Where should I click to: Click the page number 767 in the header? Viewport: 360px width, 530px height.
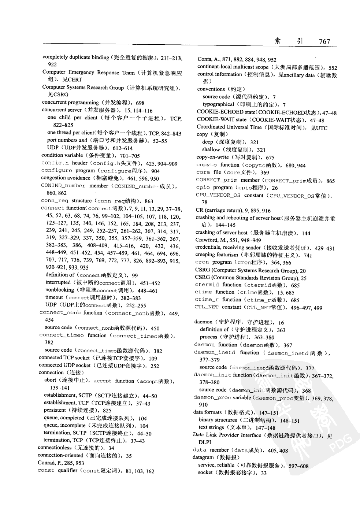[x=324, y=41]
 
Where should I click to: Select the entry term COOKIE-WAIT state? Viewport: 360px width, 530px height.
[x=221, y=119]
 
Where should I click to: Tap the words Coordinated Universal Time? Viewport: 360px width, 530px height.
[x=229, y=127]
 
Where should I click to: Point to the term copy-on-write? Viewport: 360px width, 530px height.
[x=213, y=157]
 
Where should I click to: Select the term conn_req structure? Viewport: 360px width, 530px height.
[x=66, y=201]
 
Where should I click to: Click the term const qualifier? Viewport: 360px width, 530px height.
[x=57, y=470]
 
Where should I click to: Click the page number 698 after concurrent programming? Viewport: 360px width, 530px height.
[x=140, y=103]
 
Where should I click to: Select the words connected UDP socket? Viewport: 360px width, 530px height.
[x=64, y=365]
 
